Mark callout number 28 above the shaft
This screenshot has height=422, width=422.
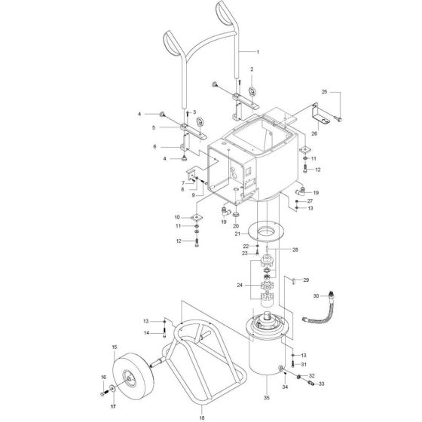pyautogui.click(x=295, y=249)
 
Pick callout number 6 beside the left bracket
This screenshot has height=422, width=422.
pyautogui.click(x=154, y=147)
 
